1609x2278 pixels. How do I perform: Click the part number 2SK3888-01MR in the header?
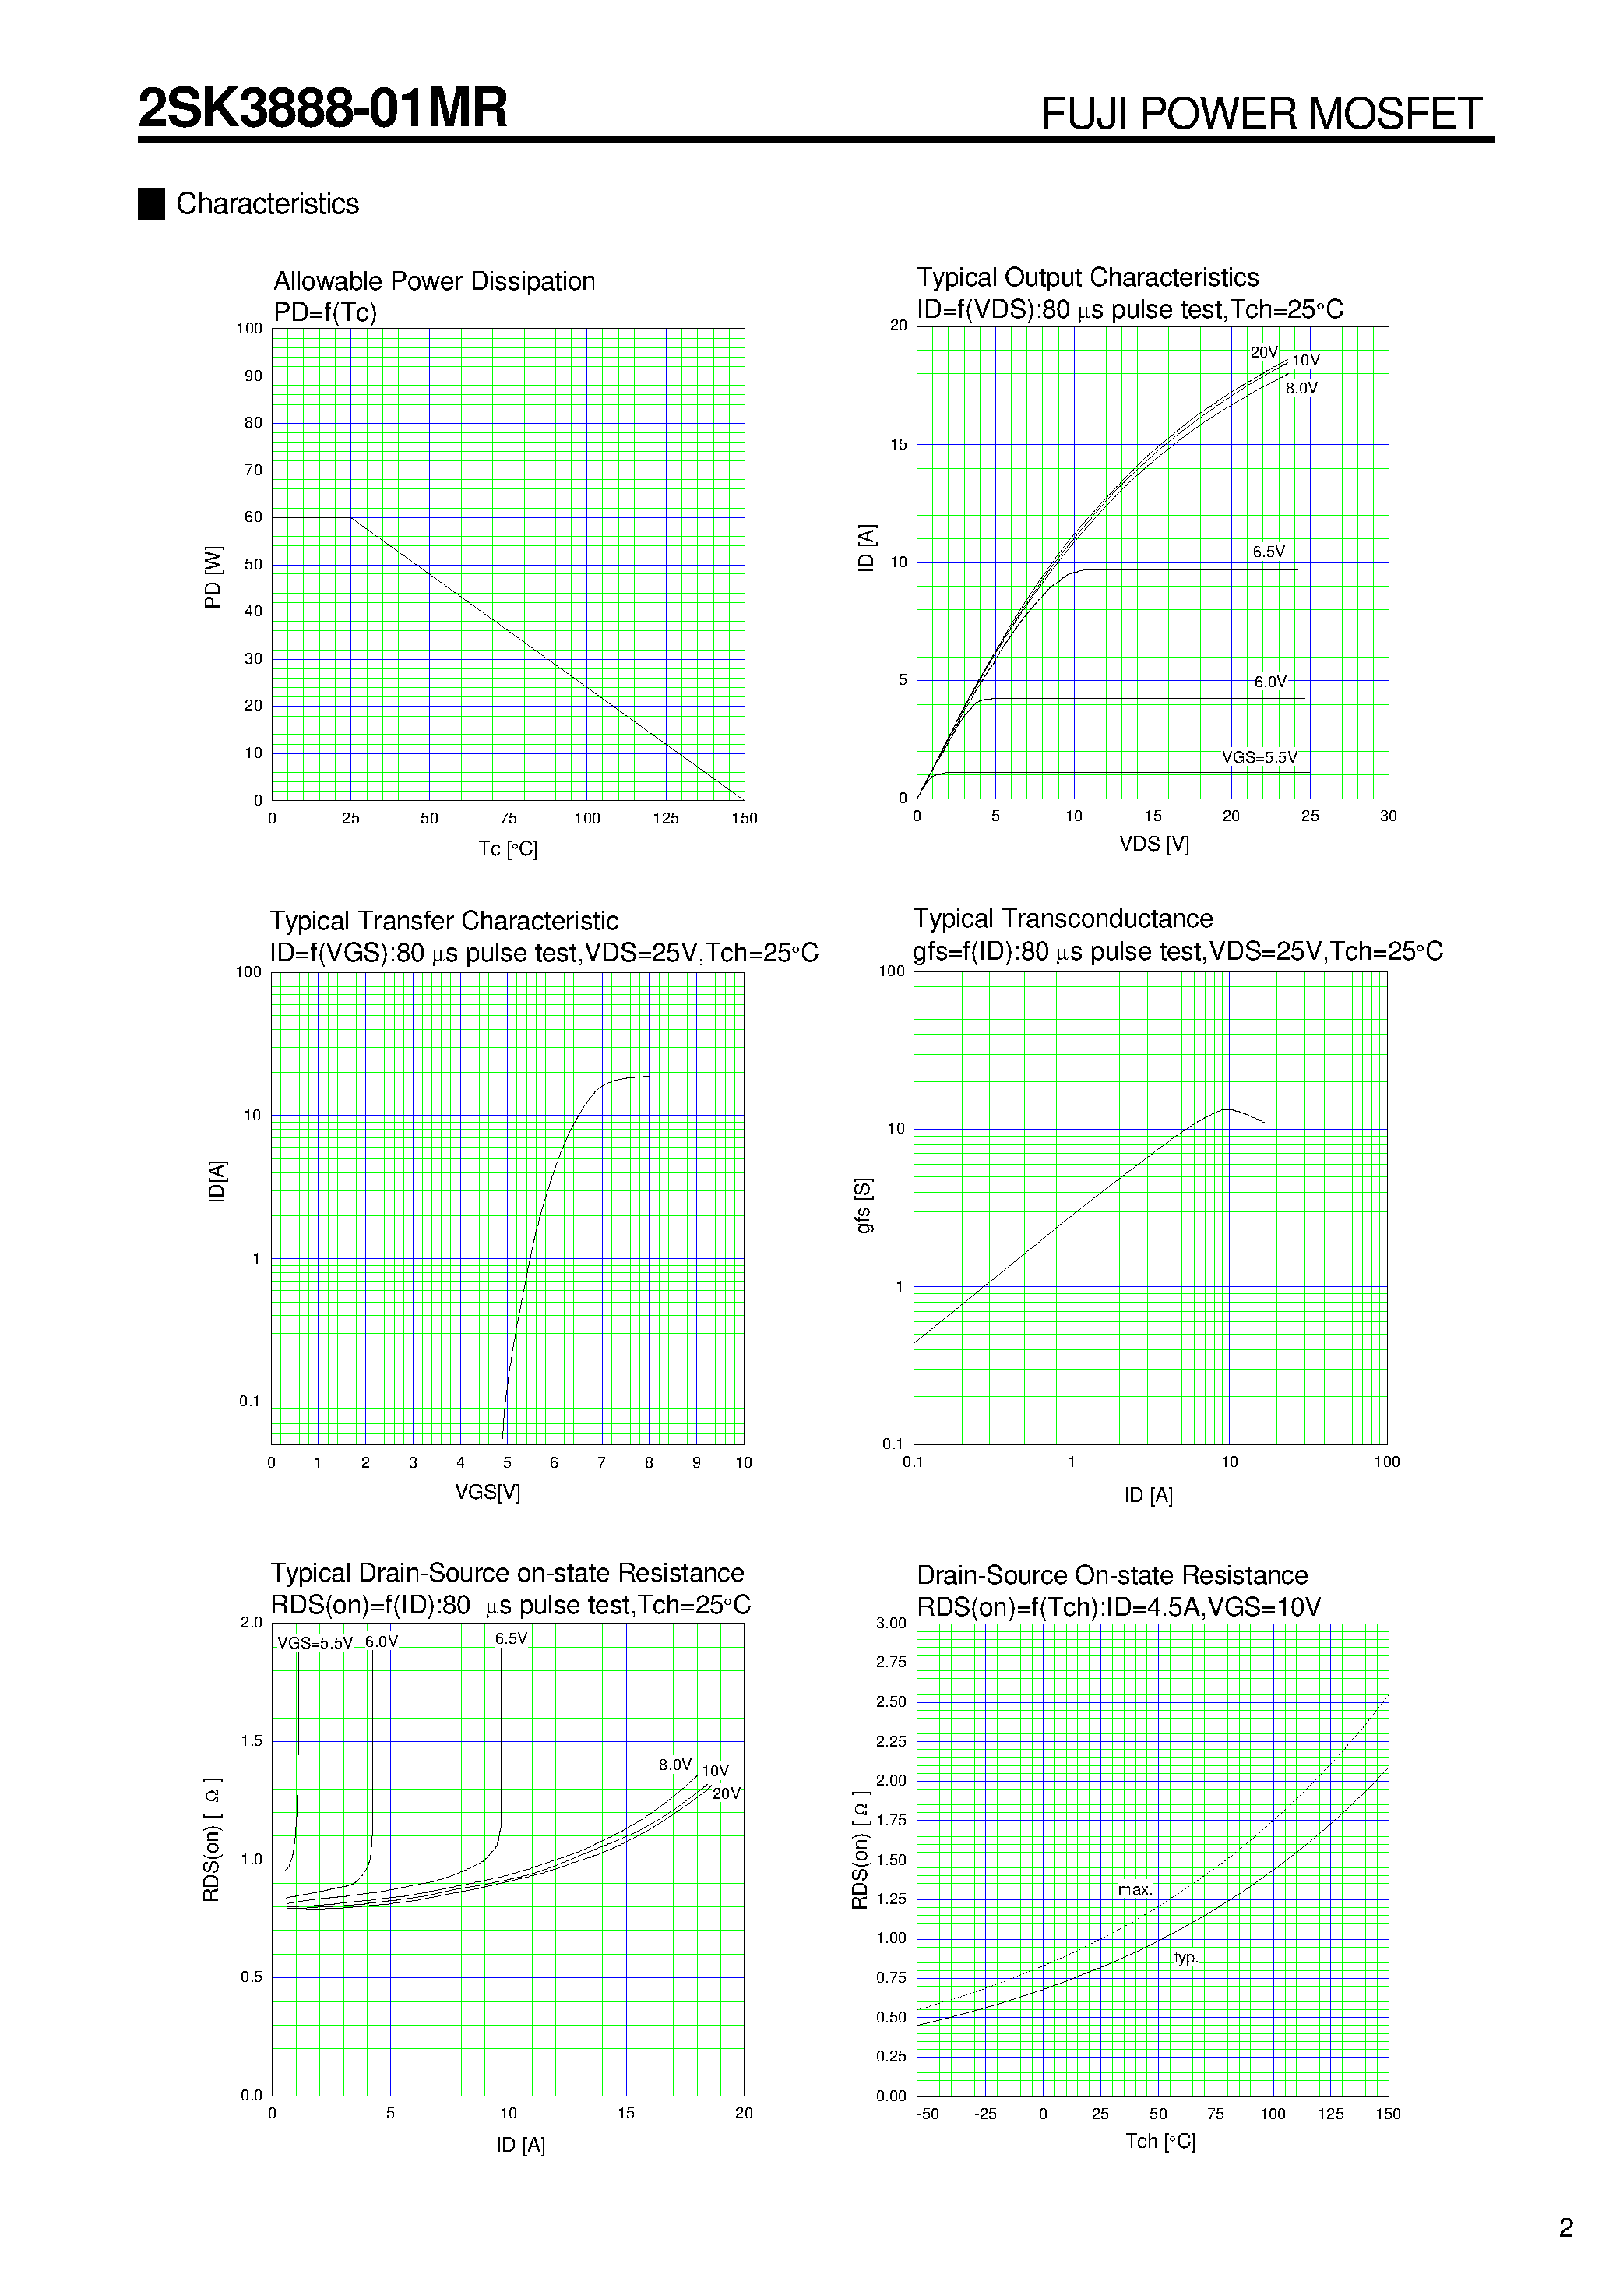[x=322, y=108]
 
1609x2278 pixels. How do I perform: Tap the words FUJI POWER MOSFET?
[x=1261, y=114]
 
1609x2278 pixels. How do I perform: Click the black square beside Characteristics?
[x=151, y=203]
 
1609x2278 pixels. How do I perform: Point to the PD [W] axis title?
[x=213, y=577]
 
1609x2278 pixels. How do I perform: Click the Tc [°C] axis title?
[x=507, y=849]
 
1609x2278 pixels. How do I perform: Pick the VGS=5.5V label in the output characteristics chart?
[x=1259, y=757]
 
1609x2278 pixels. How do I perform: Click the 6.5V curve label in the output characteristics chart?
[x=1268, y=552]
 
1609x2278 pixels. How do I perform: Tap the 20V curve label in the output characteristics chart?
[x=1262, y=352]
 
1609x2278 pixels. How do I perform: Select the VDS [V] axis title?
[x=1153, y=845]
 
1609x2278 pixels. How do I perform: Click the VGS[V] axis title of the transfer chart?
[x=487, y=1492]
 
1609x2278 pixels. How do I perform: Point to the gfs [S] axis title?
[x=864, y=1205]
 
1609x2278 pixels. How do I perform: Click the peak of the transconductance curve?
[x=1228, y=1109]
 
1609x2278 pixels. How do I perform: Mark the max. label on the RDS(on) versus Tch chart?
[x=1135, y=1890]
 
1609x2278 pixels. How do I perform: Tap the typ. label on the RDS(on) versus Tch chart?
[x=1185, y=1958]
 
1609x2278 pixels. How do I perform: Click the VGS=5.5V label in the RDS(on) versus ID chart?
[x=315, y=1643]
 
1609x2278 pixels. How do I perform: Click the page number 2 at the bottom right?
[x=1565, y=2228]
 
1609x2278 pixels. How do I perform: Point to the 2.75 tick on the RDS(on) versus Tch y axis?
[x=891, y=1662]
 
